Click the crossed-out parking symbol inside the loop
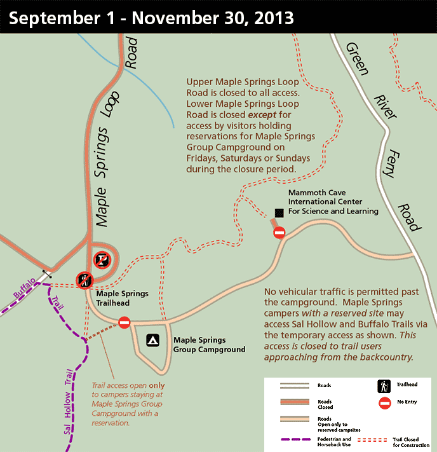pos(102,259)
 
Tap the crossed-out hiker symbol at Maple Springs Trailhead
pos(84,278)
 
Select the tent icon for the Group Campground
pos(152,341)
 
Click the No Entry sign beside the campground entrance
pos(124,323)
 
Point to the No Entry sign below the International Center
pos(279,233)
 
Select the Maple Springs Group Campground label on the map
pos(209,344)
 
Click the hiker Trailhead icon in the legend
pos(383,385)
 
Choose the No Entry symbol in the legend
pos(383,403)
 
